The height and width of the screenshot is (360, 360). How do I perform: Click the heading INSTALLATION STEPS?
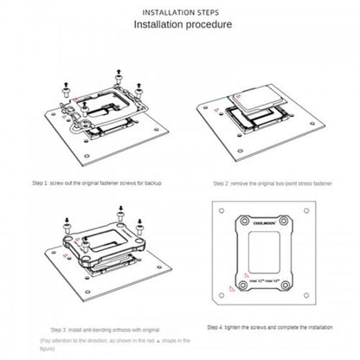pos(179,14)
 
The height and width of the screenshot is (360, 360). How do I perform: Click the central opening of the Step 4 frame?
pos(268,255)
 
